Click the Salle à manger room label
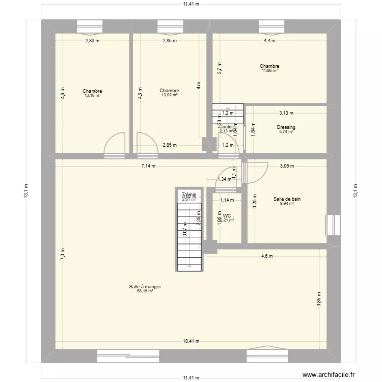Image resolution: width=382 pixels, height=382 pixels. [x=145, y=287]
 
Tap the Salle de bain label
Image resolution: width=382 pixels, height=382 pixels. [x=286, y=199]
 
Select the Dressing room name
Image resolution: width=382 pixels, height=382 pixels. [x=286, y=127]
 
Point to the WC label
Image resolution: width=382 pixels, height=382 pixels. [x=227, y=215]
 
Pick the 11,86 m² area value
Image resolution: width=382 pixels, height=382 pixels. [x=269, y=70]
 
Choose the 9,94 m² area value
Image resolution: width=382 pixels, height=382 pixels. [x=286, y=204]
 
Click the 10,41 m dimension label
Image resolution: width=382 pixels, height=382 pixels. [x=191, y=342]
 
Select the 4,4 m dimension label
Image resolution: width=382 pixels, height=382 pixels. [x=269, y=41]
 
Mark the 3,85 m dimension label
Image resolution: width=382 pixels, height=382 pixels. [x=319, y=298]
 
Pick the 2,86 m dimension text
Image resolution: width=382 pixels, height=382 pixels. [x=92, y=41]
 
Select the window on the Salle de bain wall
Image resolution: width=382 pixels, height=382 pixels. [x=333, y=225]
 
